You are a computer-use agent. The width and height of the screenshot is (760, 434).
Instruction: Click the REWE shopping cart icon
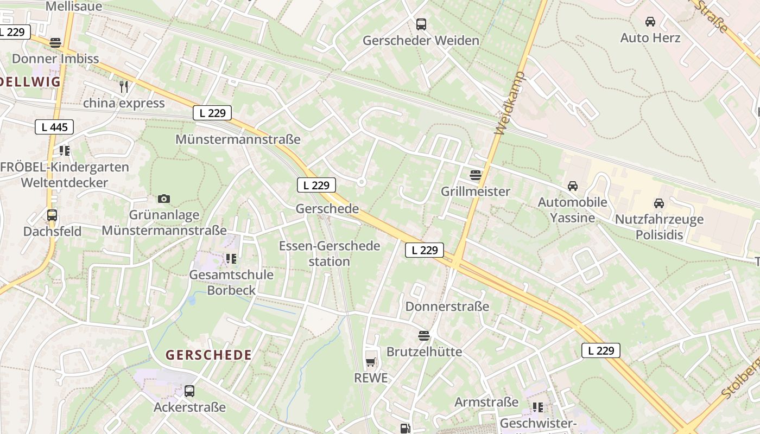(x=371, y=362)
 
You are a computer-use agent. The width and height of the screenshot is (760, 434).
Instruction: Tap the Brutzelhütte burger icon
(x=424, y=336)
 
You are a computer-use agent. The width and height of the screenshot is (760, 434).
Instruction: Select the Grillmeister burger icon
(x=476, y=175)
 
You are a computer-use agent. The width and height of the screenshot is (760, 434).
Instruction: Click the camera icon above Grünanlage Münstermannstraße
(x=164, y=199)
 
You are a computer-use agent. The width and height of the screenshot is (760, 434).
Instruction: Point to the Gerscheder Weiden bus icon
(x=421, y=24)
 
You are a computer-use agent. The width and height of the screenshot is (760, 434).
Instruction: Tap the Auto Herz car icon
(x=650, y=22)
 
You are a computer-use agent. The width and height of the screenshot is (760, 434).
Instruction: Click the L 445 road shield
(x=54, y=127)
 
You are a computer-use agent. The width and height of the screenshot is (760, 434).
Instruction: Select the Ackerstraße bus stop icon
(x=189, y=391)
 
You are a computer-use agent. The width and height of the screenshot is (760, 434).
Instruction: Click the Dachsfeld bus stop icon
(x=52, y=215)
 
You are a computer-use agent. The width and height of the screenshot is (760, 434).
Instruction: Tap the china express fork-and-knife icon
(x=124, y=87)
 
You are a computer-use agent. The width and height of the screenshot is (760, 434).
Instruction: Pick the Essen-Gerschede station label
(x=330, y=253)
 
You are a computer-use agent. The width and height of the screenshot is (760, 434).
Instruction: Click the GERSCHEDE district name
(x=209, y=355)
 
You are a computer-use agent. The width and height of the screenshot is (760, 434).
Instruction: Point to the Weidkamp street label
(x=510, y=103)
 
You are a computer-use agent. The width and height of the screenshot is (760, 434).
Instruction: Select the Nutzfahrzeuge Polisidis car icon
(x=659, y=203)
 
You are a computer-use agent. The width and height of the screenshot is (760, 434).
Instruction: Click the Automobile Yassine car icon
(x=573, y=186)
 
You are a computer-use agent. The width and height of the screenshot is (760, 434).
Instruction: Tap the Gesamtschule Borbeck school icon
(x=231, y=259)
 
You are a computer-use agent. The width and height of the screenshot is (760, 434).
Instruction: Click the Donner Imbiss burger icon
(x=55, y=42)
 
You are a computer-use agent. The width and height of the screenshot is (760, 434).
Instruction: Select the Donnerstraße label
(x=447, y=307)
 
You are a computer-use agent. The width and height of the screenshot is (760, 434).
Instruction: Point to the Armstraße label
(x=486, y=402)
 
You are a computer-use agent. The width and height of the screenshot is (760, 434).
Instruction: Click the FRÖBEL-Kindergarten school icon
(x=65, y=151)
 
